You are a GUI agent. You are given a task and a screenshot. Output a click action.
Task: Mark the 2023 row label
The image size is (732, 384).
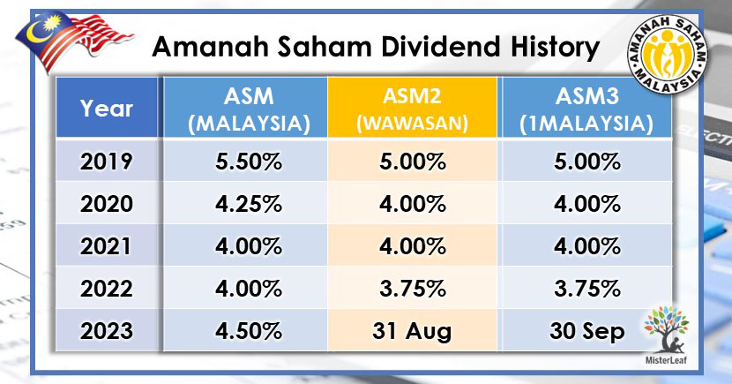pyautogui.click(x=107, y=332)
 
